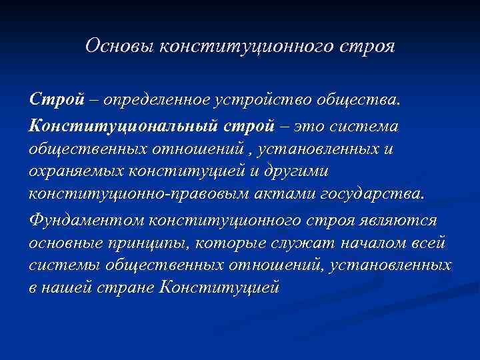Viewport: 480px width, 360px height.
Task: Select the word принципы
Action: [x=149, y=243]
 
